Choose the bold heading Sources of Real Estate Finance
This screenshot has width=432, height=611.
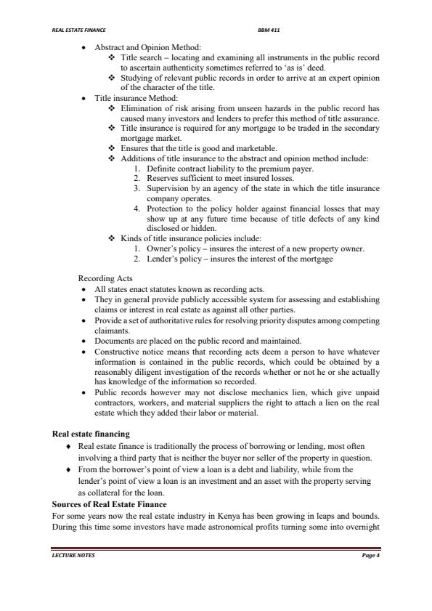click(x=110, y=504)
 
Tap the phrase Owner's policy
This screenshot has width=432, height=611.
click(x=171, y=248)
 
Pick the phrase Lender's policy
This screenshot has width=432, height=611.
click(x=172, y=259)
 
